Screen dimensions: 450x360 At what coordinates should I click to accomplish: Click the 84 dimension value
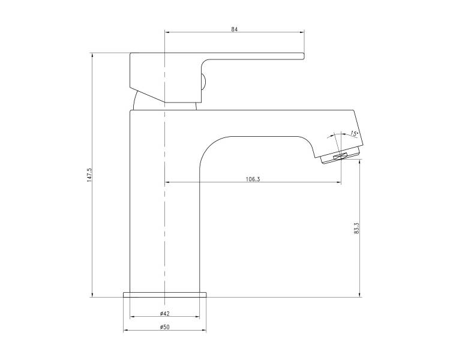[x=235, y=29]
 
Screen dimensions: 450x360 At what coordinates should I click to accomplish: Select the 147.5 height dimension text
[x=89, y=175]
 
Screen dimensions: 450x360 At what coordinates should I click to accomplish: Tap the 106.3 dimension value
[x=253, y=179]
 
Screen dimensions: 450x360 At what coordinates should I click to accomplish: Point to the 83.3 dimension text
[x=357, y=227]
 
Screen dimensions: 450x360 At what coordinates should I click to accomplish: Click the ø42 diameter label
[x=165, y=313]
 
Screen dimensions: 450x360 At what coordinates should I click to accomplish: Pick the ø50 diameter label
[x=165, y=327]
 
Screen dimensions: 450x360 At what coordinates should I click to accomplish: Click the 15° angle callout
[x=354, y=133]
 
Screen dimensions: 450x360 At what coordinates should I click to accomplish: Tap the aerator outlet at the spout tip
[x=340, y=157]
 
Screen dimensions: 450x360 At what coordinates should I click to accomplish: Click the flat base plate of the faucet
[x=165, y=295]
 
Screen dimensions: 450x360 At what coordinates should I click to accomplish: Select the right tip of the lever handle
[x=304, y=56]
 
